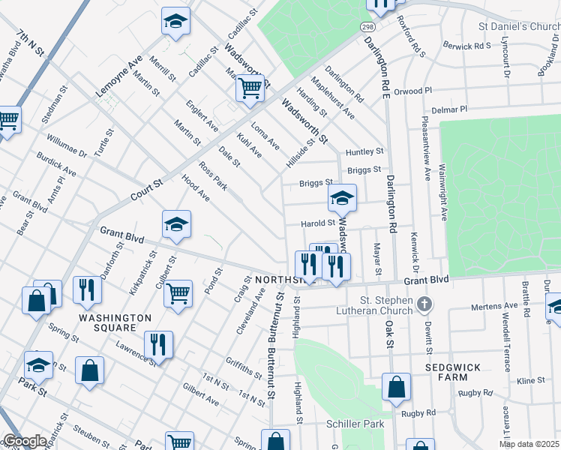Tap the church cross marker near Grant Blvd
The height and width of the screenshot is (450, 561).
pos(424,304)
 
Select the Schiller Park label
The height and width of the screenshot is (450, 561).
pos(355,424)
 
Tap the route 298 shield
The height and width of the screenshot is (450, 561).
pos(367,27)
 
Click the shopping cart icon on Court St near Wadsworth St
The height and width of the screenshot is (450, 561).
pos(250,88)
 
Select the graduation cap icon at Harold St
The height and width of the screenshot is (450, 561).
pos(342,198)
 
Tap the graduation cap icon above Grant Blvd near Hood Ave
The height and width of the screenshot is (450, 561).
pos(176,223)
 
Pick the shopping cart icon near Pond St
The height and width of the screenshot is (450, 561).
pos(178,293)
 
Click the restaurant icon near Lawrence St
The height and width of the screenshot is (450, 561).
pos(158,343)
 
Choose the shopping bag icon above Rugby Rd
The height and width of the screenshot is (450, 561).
pos(396,387)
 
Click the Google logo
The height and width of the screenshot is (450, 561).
pos(25,441)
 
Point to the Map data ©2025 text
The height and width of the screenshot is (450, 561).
pos(529,444)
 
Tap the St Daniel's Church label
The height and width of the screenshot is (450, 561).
pos(519,26)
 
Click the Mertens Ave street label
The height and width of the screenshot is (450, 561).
pos(494,306)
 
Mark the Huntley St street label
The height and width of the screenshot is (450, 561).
pos(364,151)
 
